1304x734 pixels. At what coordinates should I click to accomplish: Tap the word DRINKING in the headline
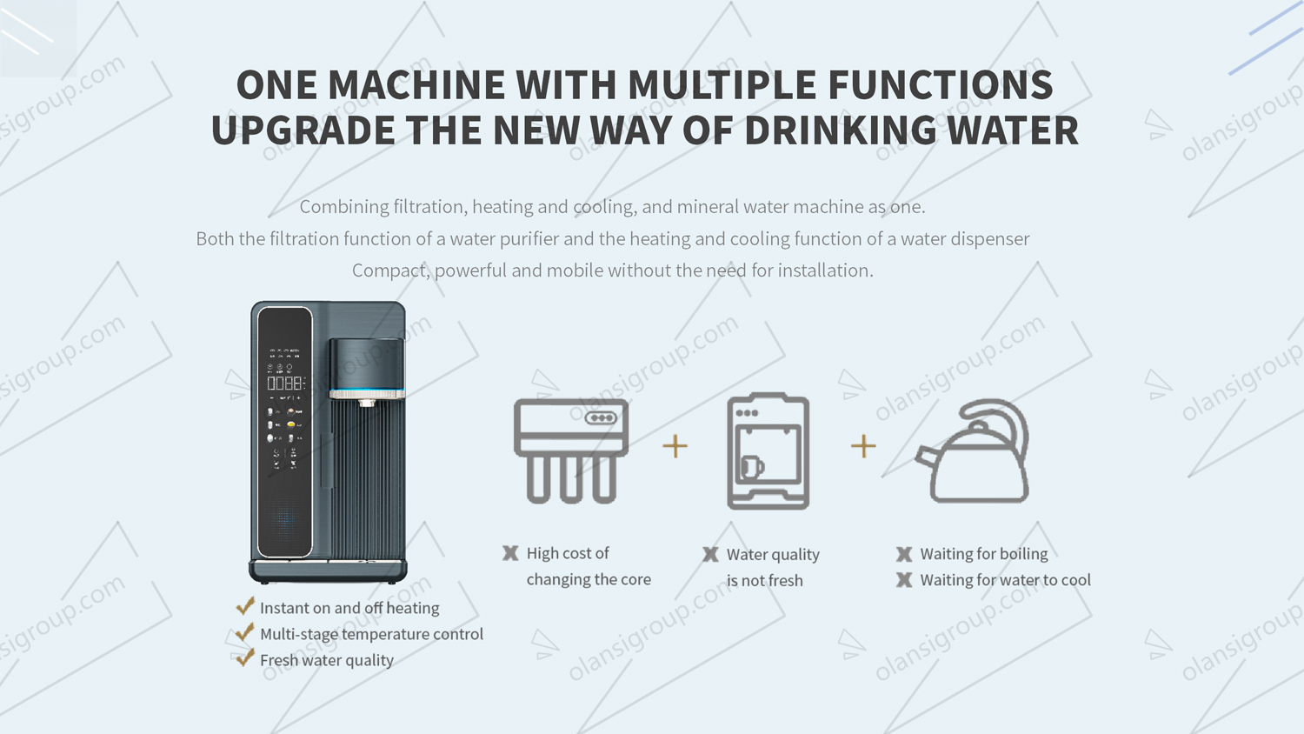(x=840, y=130)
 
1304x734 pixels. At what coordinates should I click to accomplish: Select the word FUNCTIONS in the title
(x=940, y=85)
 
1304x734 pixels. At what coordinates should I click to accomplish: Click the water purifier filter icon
(x=571, y=450)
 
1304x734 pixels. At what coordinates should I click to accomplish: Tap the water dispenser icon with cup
(x=768, y=450)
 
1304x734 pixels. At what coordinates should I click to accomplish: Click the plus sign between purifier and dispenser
(x=675, y=446)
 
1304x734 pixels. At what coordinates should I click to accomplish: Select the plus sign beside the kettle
(x=863, y=446)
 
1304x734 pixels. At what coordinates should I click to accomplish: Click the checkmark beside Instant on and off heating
(x=245, y=606)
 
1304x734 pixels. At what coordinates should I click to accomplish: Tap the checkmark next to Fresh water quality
(x=245, y=658)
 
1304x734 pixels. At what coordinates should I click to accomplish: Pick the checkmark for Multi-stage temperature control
(x=245, y=632)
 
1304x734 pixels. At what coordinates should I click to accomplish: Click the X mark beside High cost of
(x=510, y=553)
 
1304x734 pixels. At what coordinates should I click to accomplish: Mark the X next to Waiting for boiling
(x=904, y=554)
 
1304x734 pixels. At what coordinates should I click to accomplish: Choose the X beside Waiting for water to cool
(x=904, y=580)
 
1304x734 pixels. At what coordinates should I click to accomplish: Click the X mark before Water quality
(x=710, y=555)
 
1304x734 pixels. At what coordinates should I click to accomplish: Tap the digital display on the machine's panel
(x=285, y=383)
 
